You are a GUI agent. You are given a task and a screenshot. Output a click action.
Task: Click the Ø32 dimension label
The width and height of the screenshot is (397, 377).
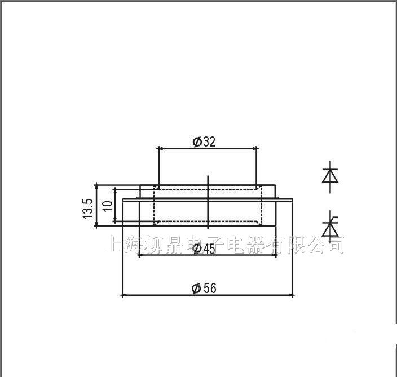pyautogui.click(x=204, y=141)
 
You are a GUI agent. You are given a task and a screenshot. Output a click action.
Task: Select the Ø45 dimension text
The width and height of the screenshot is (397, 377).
pyautogui.click(x=204, y=249)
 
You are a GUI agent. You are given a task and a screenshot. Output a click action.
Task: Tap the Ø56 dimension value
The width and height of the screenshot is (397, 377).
pyautogui.click(x=204, y=289)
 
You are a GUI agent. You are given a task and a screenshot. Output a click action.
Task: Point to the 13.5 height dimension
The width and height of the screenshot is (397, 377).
pyautogui.click(x=88, y=209)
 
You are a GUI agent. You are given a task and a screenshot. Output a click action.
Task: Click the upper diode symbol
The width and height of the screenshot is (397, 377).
pyautogui.click(x=329, y=175)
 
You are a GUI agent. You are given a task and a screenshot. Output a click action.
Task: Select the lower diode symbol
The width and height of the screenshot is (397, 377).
pyautogui.click(x=329, y=227)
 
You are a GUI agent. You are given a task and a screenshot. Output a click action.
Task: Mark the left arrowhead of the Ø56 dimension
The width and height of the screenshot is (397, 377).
pyautogui.click(x=125, y=295)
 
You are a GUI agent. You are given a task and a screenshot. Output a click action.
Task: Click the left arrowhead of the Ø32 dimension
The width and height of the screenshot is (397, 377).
pyautogui.click(x=161, y=148)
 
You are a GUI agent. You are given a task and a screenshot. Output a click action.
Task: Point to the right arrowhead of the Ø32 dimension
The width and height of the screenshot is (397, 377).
pyautogui.click(x=254, y=148)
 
